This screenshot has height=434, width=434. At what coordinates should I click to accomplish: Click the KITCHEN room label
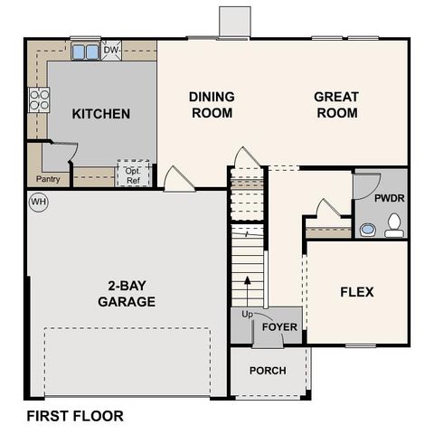click(101, 114)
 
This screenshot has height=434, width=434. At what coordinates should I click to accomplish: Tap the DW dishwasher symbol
click(111, 51)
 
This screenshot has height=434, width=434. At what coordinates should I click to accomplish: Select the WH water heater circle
click(38, 201)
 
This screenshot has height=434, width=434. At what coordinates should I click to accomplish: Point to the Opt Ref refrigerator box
click(132, 175)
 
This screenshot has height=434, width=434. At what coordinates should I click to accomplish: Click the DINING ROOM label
click(212, 105)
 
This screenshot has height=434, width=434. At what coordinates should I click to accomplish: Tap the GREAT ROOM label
click(336, 105)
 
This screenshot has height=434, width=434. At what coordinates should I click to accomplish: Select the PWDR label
click(389, 196)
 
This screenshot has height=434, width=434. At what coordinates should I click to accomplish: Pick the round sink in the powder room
click(368, 230)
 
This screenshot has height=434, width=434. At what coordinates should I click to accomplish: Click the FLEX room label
click(356, 292)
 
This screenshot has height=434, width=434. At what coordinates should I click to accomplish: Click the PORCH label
click(268, 371)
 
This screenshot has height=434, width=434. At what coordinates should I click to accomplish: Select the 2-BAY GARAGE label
click(127, 293)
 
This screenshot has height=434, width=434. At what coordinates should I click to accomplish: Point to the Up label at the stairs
click(247, 315)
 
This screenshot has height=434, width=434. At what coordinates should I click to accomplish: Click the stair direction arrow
click(247, 288)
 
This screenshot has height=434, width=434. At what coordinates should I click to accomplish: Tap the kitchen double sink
click(86, 52)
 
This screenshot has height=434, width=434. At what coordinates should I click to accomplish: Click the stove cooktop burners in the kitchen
click(39, 99)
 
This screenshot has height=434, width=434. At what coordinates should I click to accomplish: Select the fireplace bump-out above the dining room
click(234, 23)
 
